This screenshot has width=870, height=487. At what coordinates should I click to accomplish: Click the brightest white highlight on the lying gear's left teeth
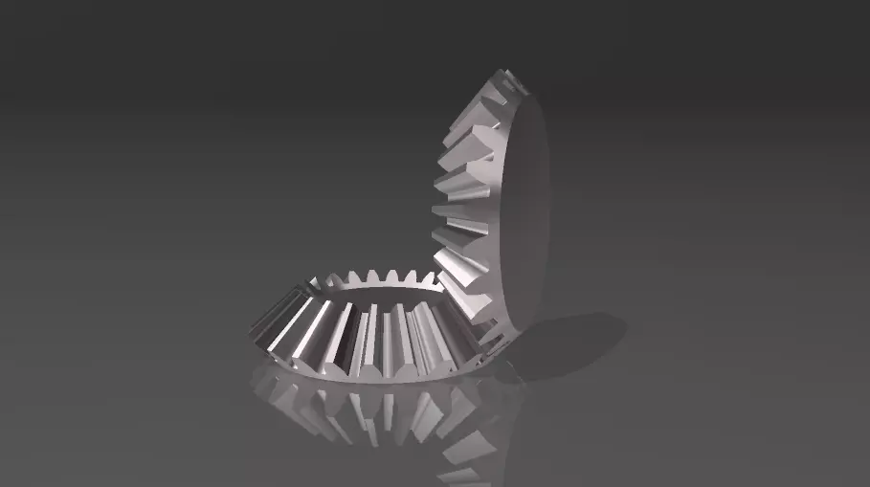[x=304, y=325]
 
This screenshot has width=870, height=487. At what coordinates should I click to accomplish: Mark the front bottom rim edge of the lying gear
[x=373, y=379]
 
